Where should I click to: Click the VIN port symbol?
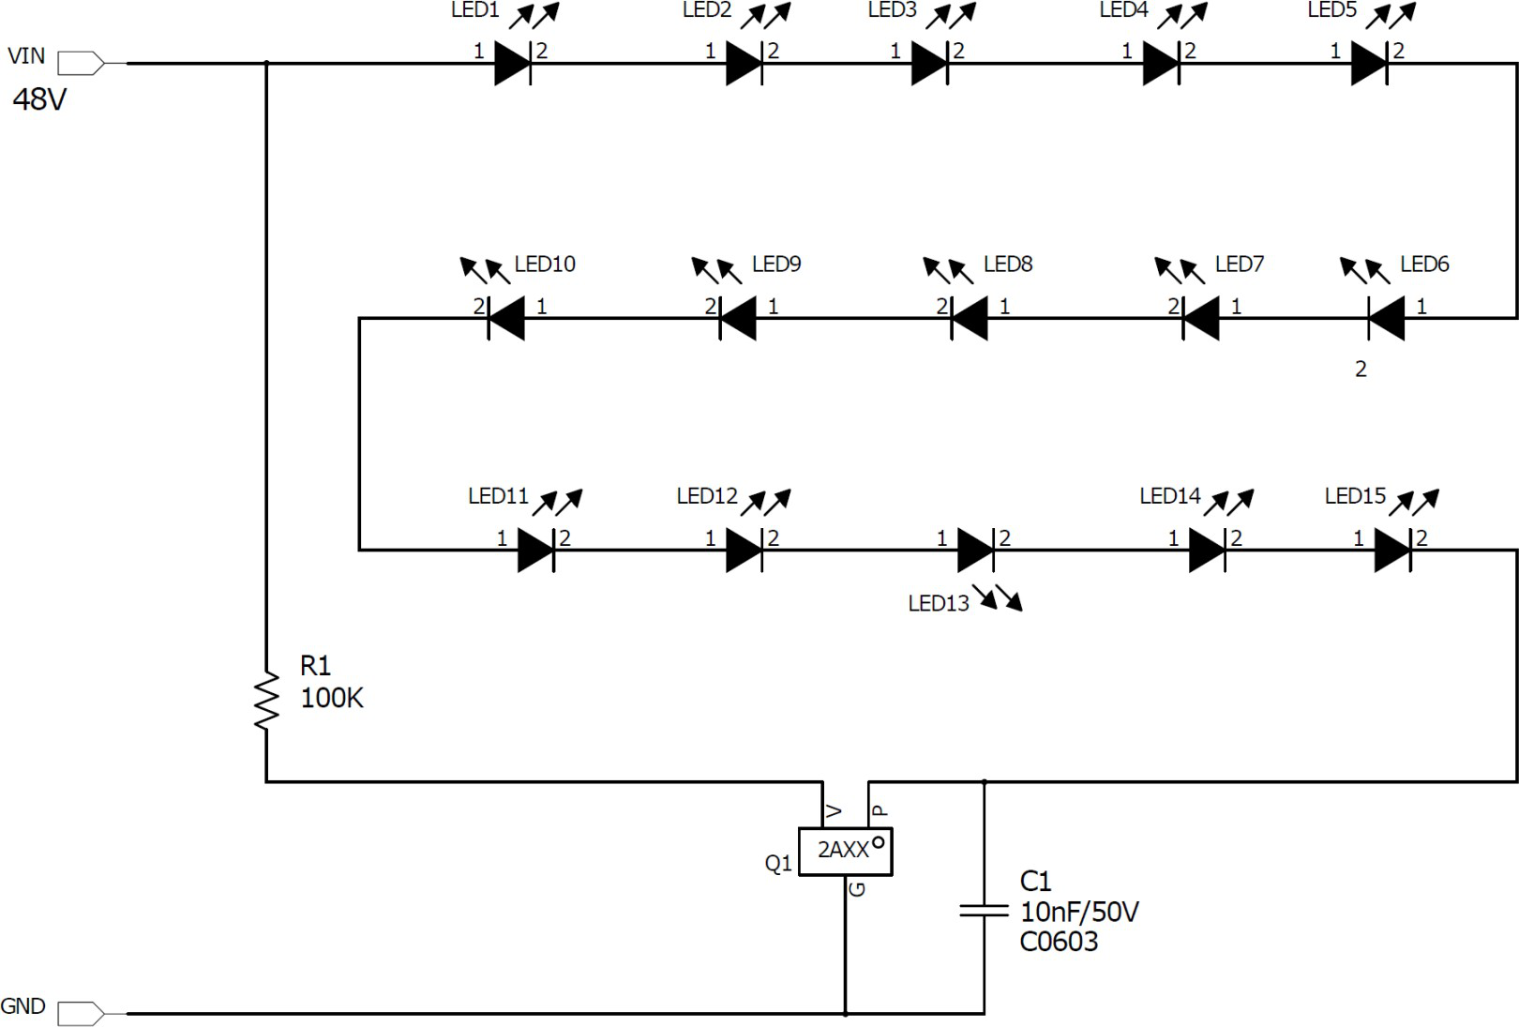(x=81, y=63)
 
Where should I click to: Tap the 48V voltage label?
(x=39, y=99)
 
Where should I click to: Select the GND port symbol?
(x=81, y=1014)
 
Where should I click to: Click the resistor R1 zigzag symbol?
(x=266, y=701)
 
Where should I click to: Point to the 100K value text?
(x=332, y=698)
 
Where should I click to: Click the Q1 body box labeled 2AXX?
(x=845, y=852)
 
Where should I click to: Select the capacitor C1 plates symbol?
(x=984, y=911)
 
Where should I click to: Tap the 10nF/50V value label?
(x=1079, y=913)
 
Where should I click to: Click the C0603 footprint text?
(x=1059, y=942)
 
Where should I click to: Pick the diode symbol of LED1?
(x=513, y=63)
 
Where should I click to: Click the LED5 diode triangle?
(x=1369, y=63)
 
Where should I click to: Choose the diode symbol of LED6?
(x=1386, y=318)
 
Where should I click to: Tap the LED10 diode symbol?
(x=506, y=318)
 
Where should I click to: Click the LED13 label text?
(x=939, y=604)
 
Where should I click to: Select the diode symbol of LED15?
(x=1392, y=551)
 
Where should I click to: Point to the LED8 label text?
(x=1008, y=264)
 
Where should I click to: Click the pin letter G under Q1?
(x=857, y=889)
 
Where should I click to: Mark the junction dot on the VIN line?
(x=266, y=63)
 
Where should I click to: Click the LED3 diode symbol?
(x=930, y=63)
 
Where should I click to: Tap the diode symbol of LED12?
(x=744, y=551)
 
